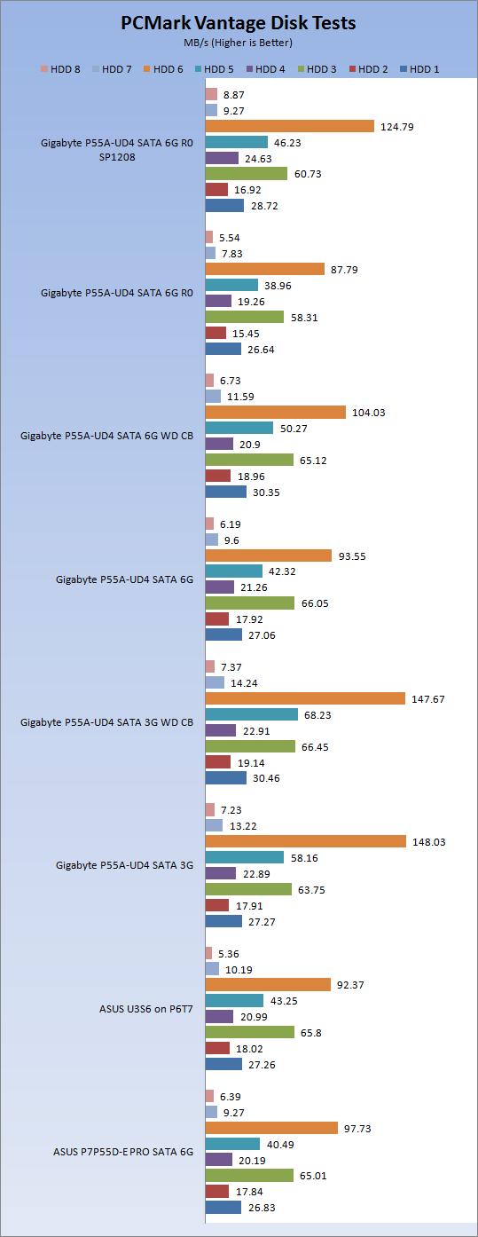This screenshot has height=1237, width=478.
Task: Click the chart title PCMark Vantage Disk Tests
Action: (239, 24)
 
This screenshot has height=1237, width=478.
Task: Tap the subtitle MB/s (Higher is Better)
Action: (239, 42)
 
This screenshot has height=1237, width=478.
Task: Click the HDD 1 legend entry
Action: (420, 68)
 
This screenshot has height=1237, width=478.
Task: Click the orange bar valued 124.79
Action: (289, 126)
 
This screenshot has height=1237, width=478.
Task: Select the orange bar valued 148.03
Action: (305, 841)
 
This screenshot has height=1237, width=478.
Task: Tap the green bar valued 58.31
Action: (244, 317)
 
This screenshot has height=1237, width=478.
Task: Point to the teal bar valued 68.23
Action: (251, 714)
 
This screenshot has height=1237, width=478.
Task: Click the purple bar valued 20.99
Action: (219, 1016)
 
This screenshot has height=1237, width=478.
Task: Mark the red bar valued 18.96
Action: (217, 476)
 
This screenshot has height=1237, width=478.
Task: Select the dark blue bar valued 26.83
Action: (223, 1207)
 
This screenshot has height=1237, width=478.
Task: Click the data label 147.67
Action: (427, 699)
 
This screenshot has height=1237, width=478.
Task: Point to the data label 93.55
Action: (353, 555)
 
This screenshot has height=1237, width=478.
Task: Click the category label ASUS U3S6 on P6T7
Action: (146, 1008)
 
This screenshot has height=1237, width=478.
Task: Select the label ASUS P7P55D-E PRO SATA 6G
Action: (123, 1152)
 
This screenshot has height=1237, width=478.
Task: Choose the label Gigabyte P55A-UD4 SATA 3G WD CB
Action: (106, 721)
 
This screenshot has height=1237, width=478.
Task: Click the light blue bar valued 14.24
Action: (214, 682)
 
